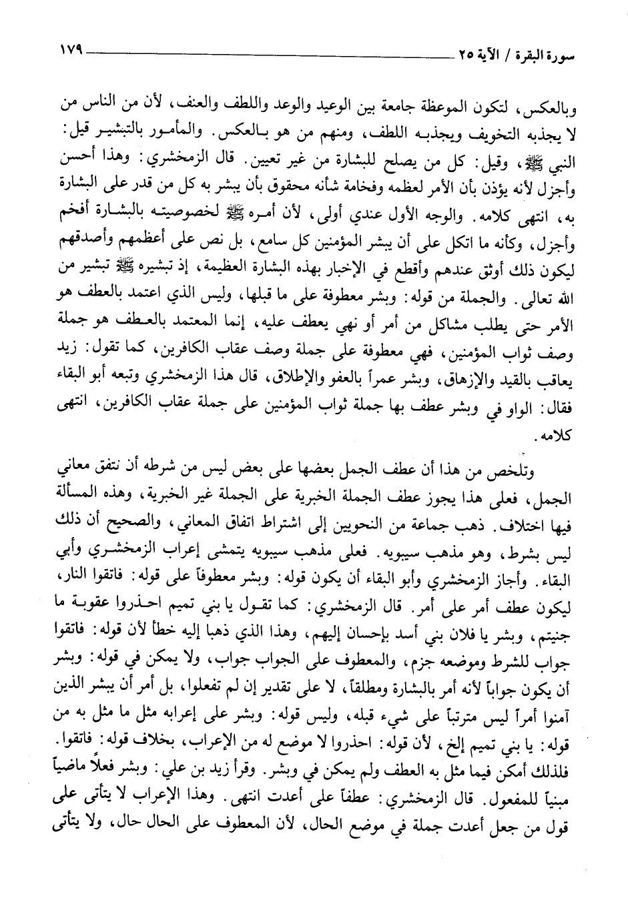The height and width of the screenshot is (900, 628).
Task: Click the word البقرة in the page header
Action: [548, 52]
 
